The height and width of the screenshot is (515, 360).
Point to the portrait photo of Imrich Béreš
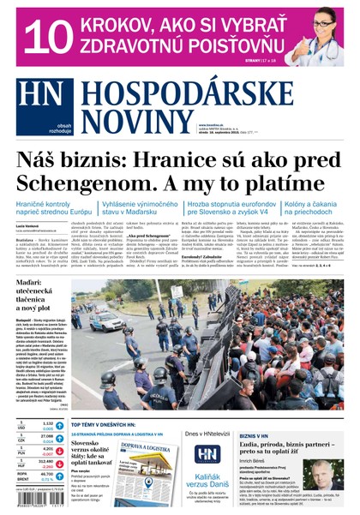coord(333,475)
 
